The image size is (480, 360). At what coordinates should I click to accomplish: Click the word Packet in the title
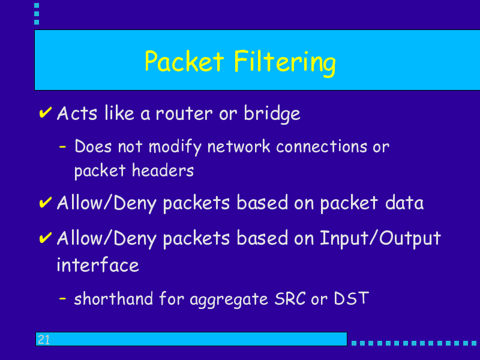(184, 61)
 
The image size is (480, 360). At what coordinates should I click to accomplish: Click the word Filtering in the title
(285, 63)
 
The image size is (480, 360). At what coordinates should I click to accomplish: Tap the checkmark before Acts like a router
(46, 112)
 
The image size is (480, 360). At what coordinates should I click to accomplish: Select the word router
(184, 113)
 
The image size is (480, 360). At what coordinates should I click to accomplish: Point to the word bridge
(272, 114)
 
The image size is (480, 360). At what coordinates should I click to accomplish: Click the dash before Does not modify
(62, 147)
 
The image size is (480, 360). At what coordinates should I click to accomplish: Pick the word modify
(175, 147)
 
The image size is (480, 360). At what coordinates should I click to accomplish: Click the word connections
(322, 146)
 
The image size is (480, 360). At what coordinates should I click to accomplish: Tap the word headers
(163, 170)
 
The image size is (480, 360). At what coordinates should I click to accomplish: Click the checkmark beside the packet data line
(46, 202)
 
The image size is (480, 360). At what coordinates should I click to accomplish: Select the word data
(404, 203)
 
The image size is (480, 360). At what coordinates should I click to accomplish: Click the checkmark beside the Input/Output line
(46, 238)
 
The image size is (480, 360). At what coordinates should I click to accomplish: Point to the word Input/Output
(380, 239)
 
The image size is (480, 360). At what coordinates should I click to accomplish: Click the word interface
(98, 265)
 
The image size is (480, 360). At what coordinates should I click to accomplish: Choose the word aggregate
(229, 299)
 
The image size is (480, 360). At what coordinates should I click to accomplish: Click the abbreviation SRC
(290, 298)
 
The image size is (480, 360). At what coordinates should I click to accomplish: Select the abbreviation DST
(352, 298)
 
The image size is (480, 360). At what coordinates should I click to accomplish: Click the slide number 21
(44, 340)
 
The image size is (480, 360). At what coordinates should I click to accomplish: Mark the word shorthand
(113, 298)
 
